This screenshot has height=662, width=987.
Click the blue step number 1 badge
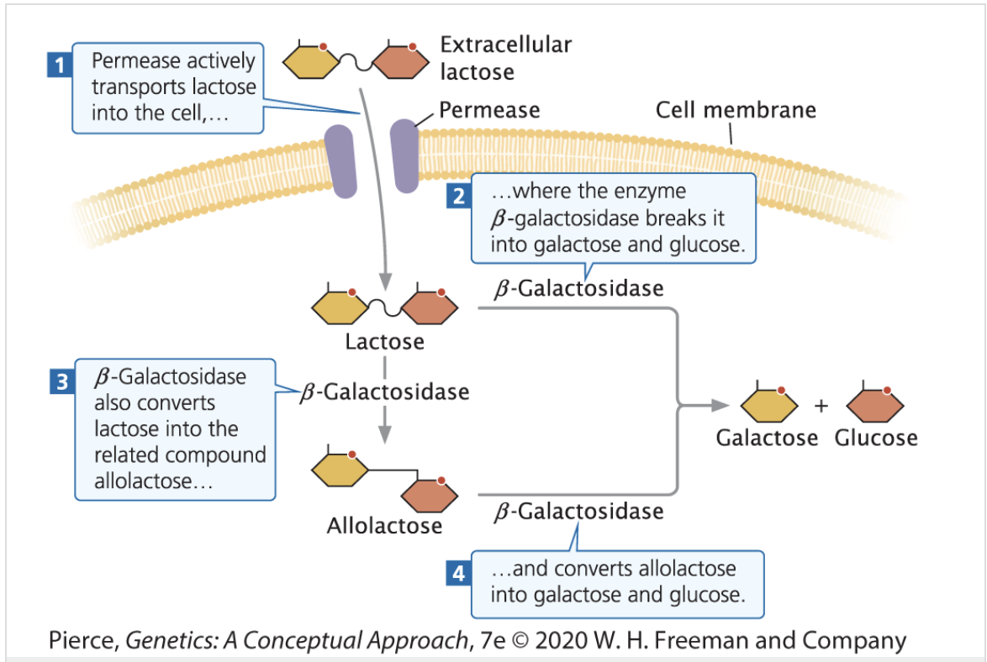point(56,64)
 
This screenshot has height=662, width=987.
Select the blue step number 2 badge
point(458,197)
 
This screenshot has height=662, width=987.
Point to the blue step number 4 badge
point(458,574)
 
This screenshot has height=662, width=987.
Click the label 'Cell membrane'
point(735,110)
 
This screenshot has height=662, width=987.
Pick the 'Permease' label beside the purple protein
point(489,110)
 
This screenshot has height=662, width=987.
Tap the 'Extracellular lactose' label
point(504,58)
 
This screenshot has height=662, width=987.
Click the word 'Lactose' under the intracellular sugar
point(384,342)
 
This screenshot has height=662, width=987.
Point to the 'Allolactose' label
point(384,526)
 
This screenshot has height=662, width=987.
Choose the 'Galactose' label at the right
point(767,438)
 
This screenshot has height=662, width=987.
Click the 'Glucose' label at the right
point(876,438)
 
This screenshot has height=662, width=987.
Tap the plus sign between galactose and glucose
point(821,407)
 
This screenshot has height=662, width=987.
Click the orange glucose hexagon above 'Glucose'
point(875,406)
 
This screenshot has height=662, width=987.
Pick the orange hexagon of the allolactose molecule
point(429,495)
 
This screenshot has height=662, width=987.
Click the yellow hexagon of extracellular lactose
point(309,61)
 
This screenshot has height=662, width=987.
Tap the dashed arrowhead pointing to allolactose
point(384,433)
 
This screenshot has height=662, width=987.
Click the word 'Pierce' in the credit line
point(82,641)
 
